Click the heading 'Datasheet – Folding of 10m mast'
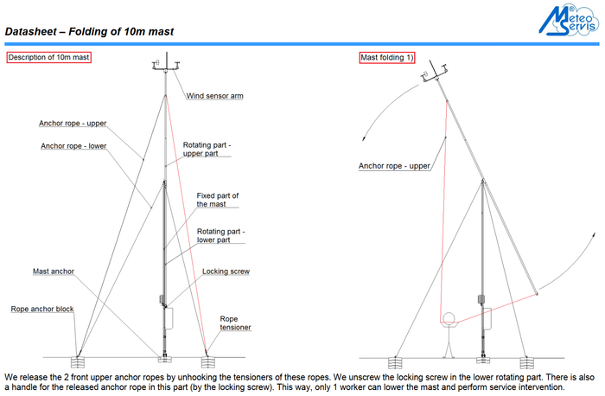(x=90, y=32)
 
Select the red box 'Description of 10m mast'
(x=49, y=58)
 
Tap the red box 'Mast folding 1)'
(x=388, y=58)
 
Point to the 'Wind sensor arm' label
(x=214, y=96)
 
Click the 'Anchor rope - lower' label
(x=73, y=146)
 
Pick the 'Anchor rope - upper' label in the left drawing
(x=73, y=123)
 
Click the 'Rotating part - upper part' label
(x=207, y=150)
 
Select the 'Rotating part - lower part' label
(x=221, y=236)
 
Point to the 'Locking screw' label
(x=226, y=271)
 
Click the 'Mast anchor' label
(x=54, y=271)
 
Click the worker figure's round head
(x=448, y=317)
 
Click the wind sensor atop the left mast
(x=163, y=66)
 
